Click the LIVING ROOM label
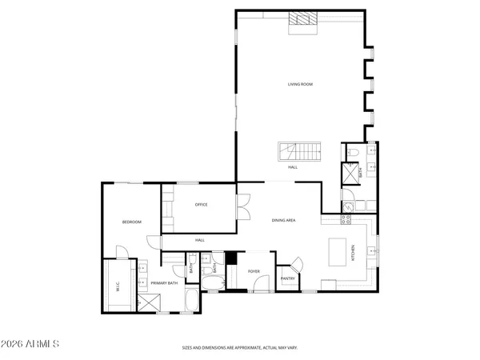pyautogui.click(x=300, y=84)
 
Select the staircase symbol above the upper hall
pyautogui.click(x=299, y=150)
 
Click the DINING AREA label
pyautogui.click(x=284, y=219)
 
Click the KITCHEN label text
pyautogui.click(x=354, y=254)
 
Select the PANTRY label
pyautogui.click(x=287, y=278)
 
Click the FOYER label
pyautogui.click(x=254, y=272)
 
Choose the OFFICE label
pyautogui.click(x=202, y=205)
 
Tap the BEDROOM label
pyautogui.click(x=131, y=222)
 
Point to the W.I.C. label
pyautogui.click(x=118, y=290)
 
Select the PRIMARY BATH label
pyautogui.click(x=164, y=282)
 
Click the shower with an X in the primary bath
pyautogui.click(x=148, y=303)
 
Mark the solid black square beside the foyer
pyautogui.click(x=230, y=258)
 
